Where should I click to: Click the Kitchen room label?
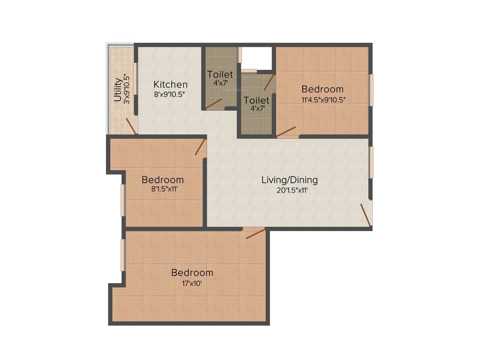click(x=171, y=85)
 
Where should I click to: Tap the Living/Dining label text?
click(x=289, y=180)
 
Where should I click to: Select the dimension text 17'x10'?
click(x=192, y=283)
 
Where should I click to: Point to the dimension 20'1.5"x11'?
click(x=289, y=190)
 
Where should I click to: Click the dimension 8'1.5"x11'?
click(x=163, y=190)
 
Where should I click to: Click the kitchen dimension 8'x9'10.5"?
click(x=170, y=94)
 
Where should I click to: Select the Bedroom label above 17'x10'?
click(x=192, y=273)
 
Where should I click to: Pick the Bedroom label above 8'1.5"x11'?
click(x=163, y=180)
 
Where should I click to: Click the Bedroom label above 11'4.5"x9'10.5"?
click(x=322, y=89)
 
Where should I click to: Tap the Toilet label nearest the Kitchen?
click(x=220, y=75)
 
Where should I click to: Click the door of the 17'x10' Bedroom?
click(x=255, y=233)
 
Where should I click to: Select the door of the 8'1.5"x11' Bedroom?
click(x=201, y=147)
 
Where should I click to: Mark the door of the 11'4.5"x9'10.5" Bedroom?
click(x=286, y=132)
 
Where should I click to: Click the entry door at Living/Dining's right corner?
click(x=366, y=215)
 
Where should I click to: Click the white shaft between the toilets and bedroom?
click(x=256, y=59)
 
